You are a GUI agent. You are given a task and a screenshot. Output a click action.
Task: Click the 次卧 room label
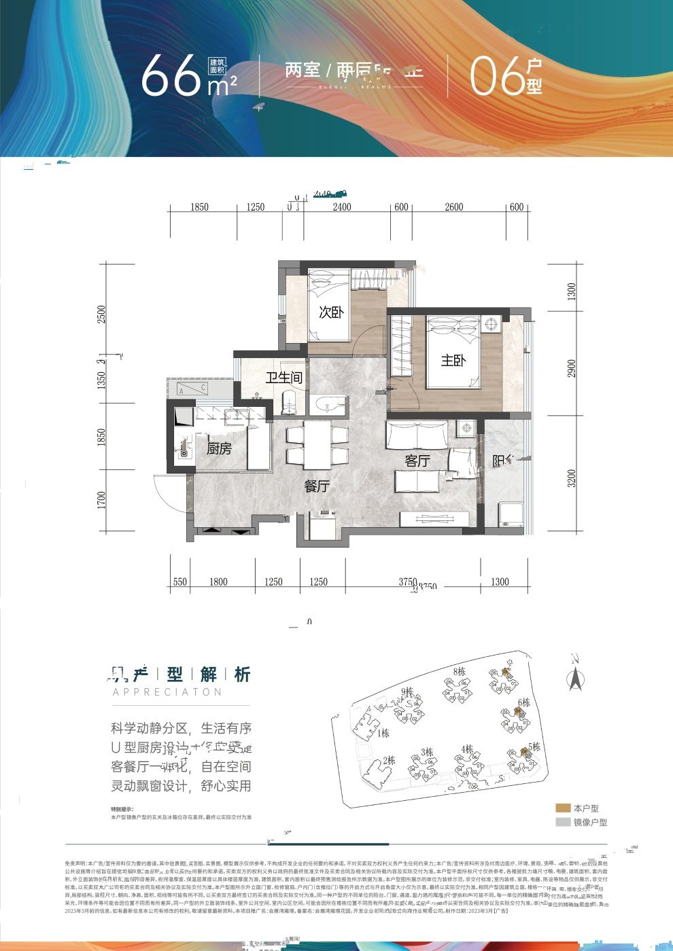[331, 312]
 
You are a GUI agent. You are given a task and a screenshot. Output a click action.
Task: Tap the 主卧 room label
[453, 360]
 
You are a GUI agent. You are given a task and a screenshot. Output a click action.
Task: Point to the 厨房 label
[219, 449]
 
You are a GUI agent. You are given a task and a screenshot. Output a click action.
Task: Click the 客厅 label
[417, 461]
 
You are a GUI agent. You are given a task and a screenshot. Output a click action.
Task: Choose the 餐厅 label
[317, 486]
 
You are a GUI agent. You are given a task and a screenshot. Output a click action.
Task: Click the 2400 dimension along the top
[342, 207]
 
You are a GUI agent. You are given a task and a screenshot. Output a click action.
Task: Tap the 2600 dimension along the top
[453, 207]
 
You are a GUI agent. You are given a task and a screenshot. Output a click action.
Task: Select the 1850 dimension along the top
[199, 207]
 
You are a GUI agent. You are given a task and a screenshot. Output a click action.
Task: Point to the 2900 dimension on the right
[572, 369]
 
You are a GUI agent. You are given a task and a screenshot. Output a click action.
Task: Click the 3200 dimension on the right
[572, 478]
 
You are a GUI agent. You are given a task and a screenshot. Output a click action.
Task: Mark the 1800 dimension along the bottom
[218, 581]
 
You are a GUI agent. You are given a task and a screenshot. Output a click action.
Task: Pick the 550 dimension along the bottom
[179, 581]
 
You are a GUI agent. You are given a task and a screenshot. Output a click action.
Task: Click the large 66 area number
[170, 75]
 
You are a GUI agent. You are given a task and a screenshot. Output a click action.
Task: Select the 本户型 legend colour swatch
[563, 808]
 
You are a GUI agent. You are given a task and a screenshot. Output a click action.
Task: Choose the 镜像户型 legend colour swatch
[563, 822]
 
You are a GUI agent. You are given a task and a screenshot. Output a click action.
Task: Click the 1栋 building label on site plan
[384, 733]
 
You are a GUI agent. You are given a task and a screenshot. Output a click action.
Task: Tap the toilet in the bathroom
[289, 402]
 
